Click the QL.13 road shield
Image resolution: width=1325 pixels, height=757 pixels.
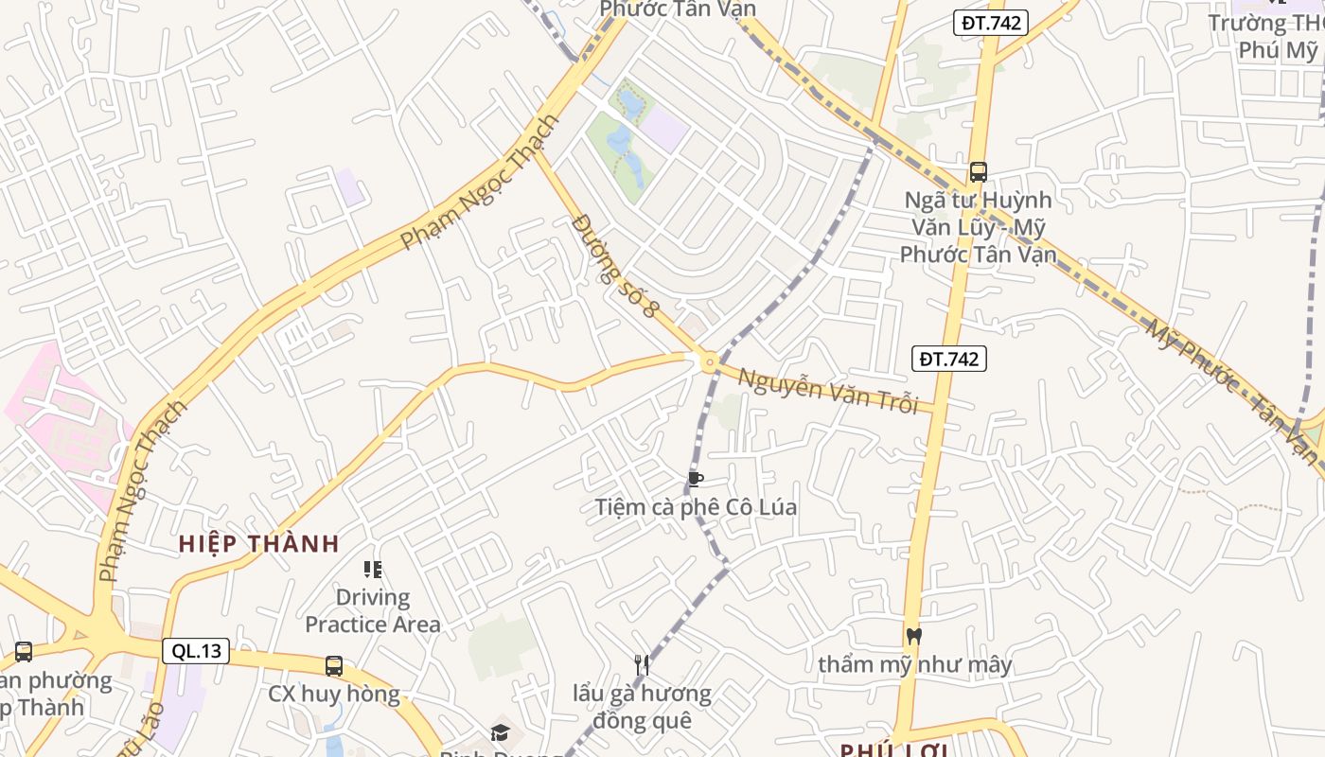click(197, 651)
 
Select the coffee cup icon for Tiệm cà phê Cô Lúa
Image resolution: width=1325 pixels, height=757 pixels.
click(696, 479)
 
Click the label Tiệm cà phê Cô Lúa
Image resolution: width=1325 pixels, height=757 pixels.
click(696, 507)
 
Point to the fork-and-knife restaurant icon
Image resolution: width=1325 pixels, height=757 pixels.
click(642, 665)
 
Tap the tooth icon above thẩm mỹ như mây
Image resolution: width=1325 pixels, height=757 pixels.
click(913, 636)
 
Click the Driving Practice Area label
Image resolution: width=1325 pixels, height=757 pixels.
click(373, 611)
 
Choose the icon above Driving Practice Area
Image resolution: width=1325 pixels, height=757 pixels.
click(373, 570)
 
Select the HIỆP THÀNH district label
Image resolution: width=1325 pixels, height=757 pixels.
click(259, 544)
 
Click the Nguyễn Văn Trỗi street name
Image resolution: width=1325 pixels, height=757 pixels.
click(828, 390)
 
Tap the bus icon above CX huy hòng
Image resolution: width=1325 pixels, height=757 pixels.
click(334, 665)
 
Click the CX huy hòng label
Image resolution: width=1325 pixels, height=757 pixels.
click(334, 695)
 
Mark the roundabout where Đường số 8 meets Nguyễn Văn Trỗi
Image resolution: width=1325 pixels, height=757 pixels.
click(708, 361)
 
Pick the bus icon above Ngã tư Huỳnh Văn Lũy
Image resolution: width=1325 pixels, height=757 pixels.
click(979, 172)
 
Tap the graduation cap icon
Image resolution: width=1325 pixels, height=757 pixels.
click(500, 732)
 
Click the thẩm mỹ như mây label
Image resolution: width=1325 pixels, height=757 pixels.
click(915, 664)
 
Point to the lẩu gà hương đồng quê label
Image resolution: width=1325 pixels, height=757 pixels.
click(642, 707)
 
